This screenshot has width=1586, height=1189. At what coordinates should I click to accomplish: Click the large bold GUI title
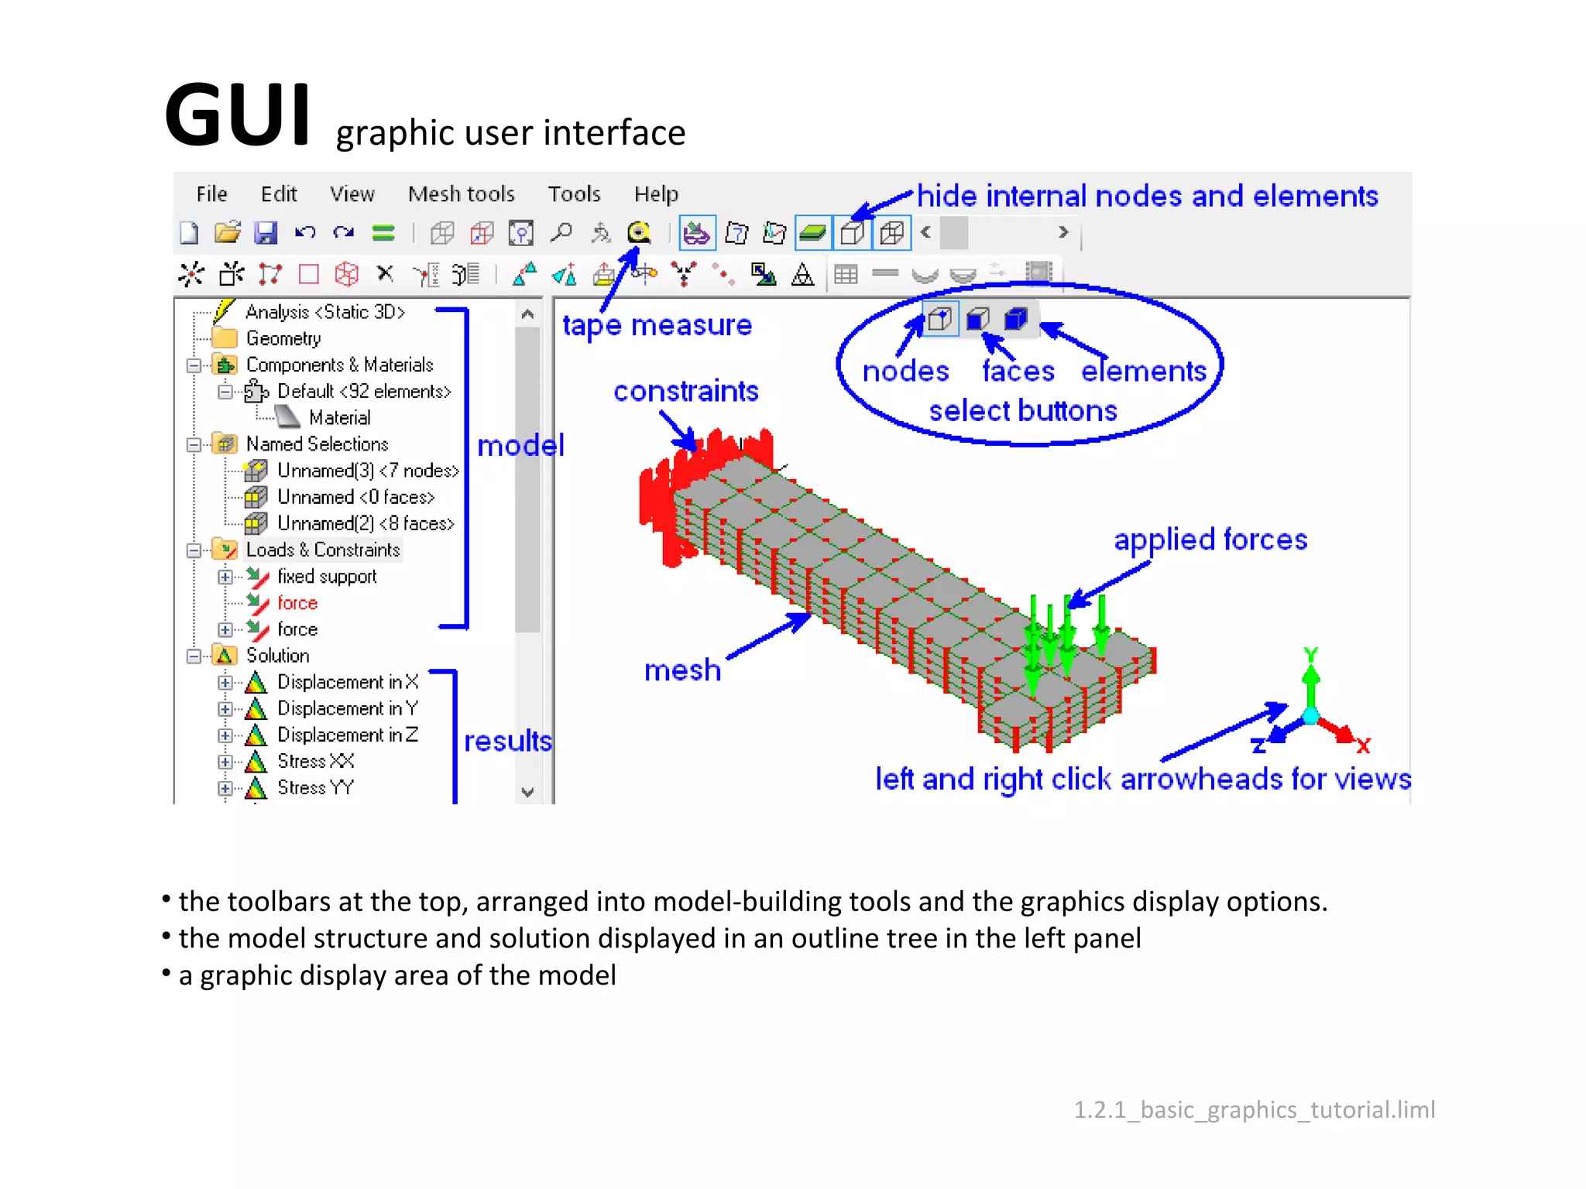[238, 116]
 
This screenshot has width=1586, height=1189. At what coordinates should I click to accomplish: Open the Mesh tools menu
[461, 194]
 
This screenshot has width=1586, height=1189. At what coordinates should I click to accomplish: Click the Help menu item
[655, 194]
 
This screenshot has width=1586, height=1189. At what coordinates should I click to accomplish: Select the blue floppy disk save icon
[266, 232]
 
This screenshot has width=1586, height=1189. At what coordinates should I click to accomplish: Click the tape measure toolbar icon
[639, 232]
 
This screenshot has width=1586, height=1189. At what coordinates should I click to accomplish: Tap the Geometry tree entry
[283, 338]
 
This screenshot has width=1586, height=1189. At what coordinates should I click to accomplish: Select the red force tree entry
[297, 602]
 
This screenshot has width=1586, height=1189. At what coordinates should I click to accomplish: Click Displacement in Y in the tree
[347, 708]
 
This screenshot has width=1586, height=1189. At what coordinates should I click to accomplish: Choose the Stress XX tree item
[315, 761]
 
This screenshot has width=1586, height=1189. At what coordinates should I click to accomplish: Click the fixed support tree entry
[326, 576]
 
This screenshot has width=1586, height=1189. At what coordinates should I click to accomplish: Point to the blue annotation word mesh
[682, 670]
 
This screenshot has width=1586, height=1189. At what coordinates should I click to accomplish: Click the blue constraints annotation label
[685, 391]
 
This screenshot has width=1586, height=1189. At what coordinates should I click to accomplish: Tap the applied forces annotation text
[1210, 540]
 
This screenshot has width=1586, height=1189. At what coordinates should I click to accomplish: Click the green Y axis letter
[1310, 655]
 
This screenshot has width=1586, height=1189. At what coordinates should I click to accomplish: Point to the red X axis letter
[1364, 745]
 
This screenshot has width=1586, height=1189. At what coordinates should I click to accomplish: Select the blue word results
[508, 741]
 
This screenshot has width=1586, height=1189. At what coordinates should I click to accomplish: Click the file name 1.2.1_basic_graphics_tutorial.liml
[1254, 1109]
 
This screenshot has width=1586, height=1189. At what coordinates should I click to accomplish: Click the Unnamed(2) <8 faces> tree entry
[365, 523]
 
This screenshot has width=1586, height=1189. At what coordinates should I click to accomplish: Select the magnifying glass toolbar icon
[561, 232]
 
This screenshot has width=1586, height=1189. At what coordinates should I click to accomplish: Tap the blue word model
[520, 445]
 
